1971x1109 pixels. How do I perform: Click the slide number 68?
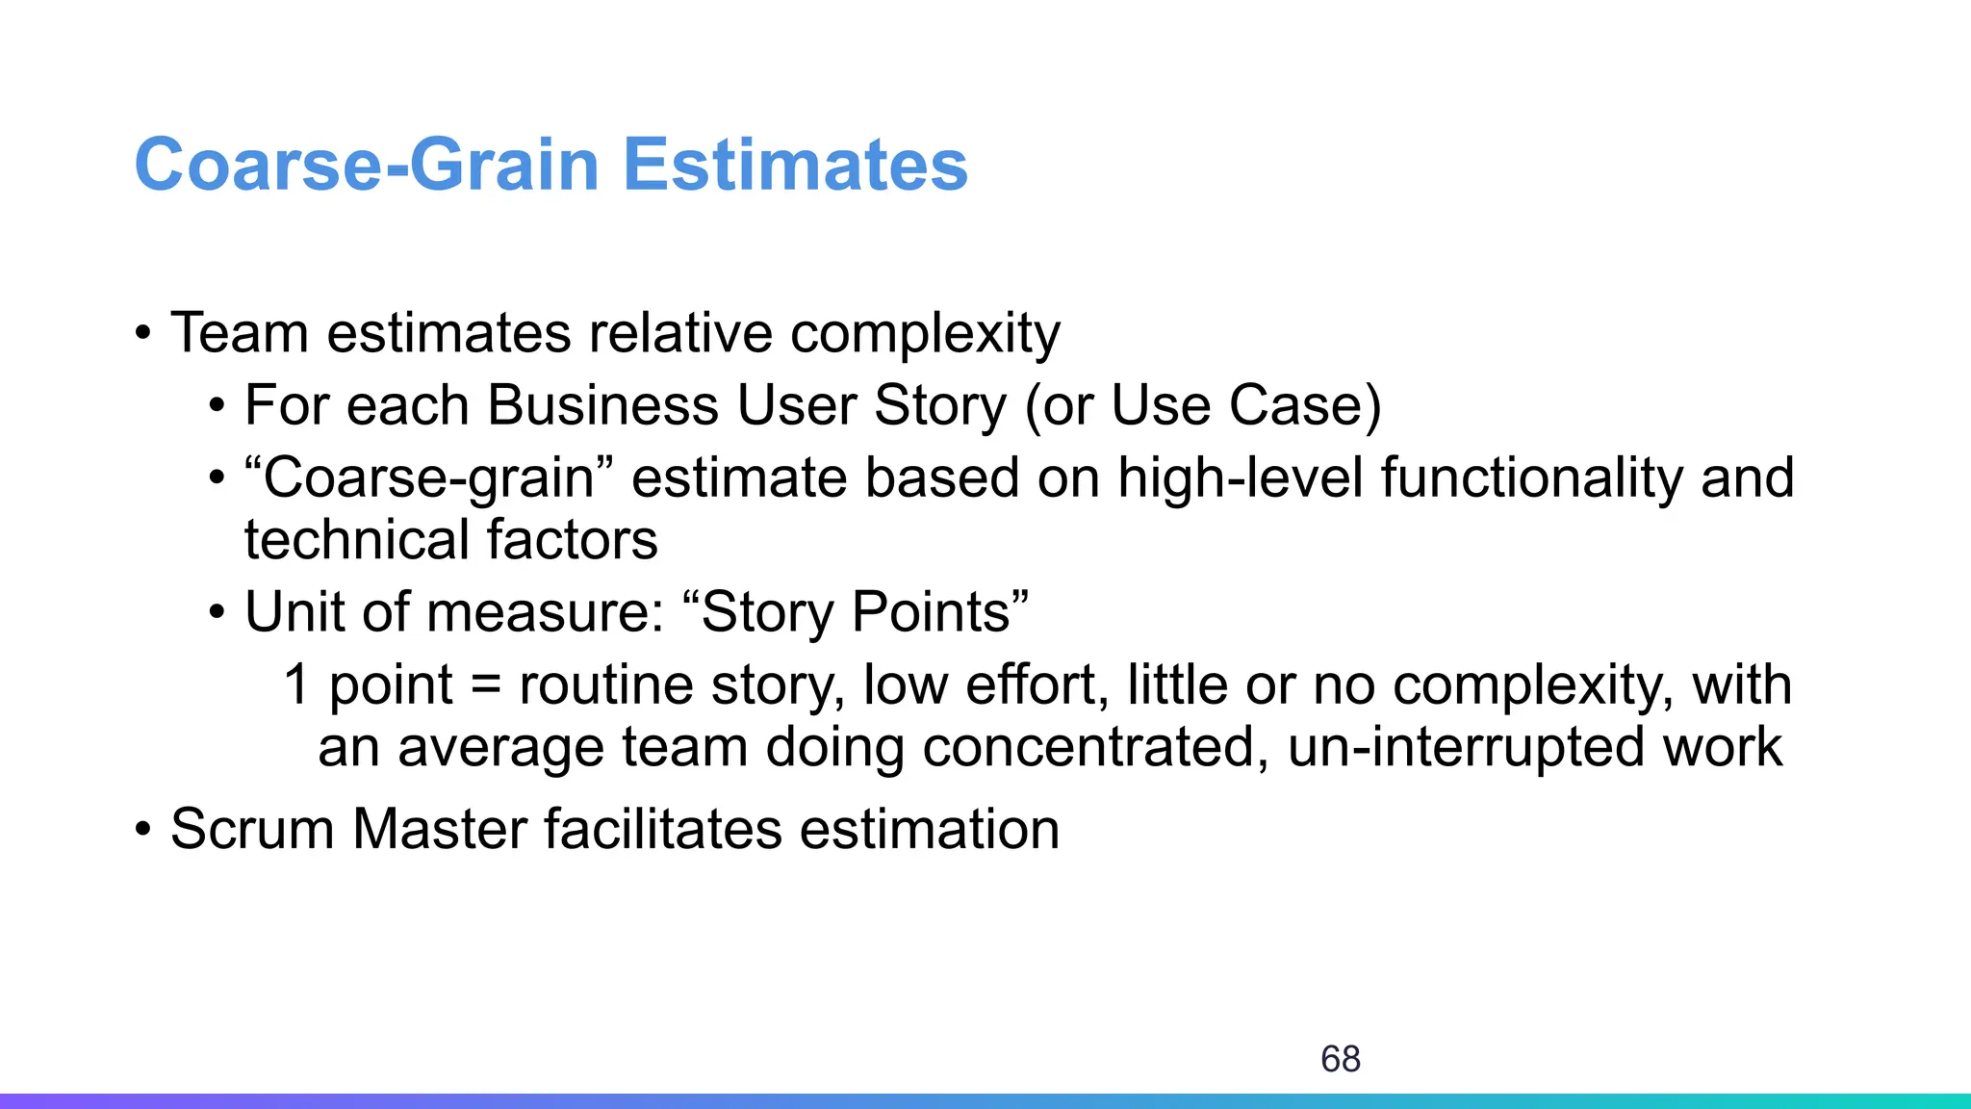(1340, 1059)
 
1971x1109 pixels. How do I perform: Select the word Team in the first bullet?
(240, 333)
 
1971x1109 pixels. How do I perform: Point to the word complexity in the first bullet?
(925, 335)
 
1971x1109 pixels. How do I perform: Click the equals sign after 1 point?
(486, 686)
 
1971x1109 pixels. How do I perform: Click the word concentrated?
(1096, 748)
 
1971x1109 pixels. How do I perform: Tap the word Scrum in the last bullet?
(252, 830)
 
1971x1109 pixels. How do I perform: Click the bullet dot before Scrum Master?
(143, 830)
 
